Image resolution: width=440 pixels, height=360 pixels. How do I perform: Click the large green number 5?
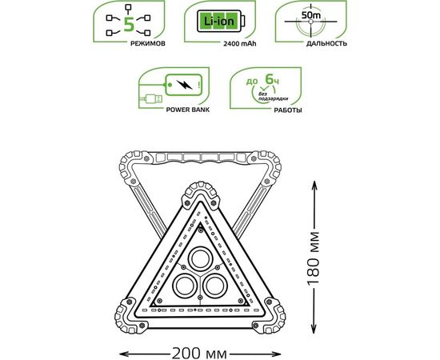click(129, 24)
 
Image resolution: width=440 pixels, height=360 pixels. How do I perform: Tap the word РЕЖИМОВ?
click(148, 43)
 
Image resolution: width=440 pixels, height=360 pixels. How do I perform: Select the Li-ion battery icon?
click(221, 22)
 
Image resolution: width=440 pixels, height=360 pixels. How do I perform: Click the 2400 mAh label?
click(240, 44)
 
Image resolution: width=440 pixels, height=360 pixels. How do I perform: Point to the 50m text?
click(311, 15)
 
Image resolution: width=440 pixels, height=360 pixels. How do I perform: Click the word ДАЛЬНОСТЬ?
click(326, 43)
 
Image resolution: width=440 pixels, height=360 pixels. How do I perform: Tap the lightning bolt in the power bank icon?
click(184, 85)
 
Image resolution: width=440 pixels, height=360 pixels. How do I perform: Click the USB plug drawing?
click(152, 98)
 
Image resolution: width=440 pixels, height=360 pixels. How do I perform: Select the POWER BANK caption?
click(188, 110)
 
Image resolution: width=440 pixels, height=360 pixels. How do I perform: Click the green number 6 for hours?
click(270, 79)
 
